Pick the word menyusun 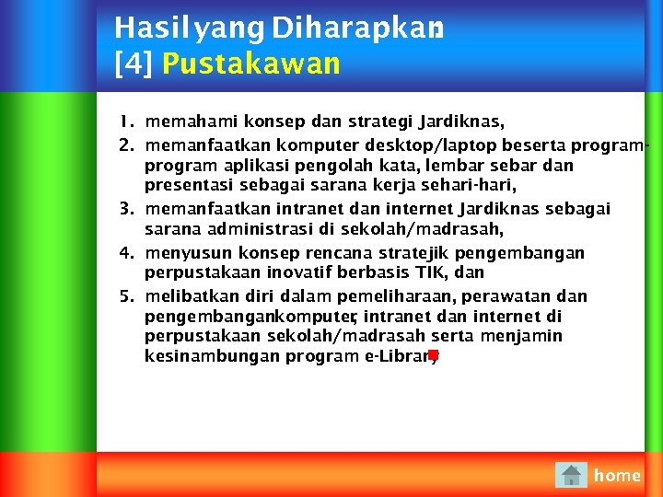tap(189, 252)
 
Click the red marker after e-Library tap(433, 354)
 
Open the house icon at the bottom tap(571, 475)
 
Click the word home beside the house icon tap(617, 475)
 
